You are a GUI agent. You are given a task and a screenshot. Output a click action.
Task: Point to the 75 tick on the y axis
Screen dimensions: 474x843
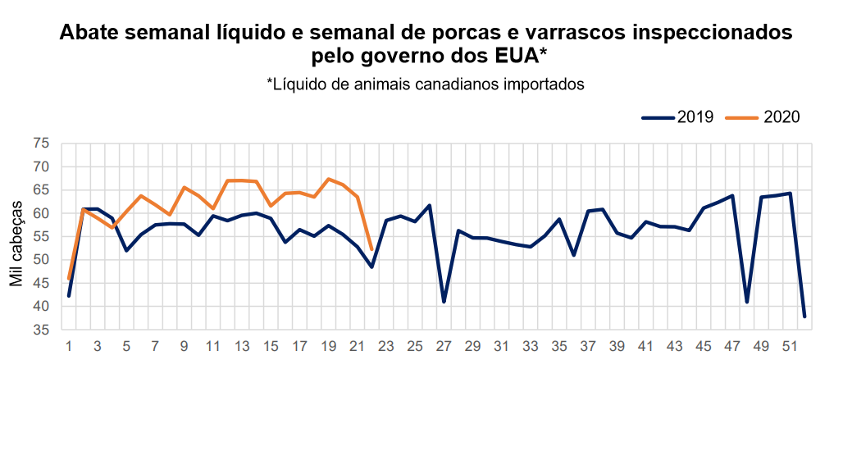(42, 144)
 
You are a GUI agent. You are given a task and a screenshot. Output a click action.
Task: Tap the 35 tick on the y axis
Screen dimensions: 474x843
(42, 330)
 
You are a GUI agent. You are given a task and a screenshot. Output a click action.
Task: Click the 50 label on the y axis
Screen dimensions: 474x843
(42, 260)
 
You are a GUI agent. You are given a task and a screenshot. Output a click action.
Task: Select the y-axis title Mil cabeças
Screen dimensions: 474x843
(16, 237)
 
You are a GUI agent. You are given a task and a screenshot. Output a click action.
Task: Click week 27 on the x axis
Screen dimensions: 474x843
(444, 347)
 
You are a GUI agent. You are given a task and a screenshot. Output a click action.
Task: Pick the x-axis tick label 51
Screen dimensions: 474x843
(790, 347)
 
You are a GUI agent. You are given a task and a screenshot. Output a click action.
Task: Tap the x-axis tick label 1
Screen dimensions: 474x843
(69, 347)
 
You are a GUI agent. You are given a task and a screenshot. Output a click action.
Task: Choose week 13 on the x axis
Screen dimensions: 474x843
(242, 347)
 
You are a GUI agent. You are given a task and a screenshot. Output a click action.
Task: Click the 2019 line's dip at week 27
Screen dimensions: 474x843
(444, 302)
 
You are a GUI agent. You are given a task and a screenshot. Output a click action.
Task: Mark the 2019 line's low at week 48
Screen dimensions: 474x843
(747, 302)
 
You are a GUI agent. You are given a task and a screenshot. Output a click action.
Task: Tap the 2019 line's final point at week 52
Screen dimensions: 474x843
(804, 317)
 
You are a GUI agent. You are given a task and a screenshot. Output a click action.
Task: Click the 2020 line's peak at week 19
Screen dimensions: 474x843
(328, 179)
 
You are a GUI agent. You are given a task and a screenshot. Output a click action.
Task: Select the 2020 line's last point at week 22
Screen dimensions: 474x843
(371, 249)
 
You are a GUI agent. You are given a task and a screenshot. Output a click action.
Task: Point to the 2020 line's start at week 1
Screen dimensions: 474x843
(69, 279)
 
